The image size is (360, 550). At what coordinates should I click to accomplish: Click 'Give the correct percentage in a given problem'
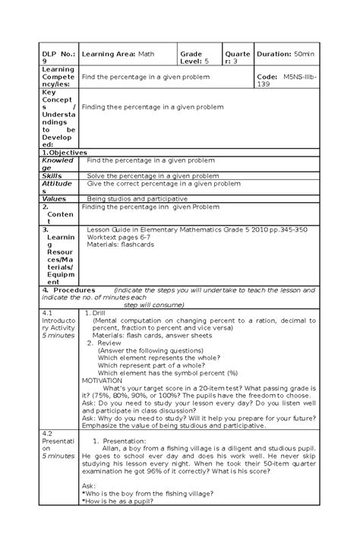[163, 183]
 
